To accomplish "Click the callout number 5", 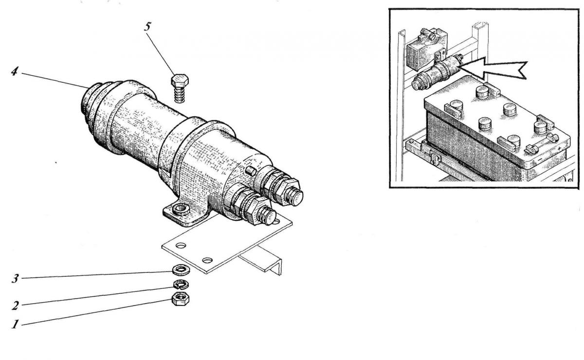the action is [x=147, y=27].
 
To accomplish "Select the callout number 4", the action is [x=14, y=71].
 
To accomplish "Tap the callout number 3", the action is [x=15, y=278].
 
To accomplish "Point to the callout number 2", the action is [x=15, y=306].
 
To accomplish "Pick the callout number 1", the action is [x=15, y=324].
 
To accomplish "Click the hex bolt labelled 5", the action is [x=180, y=88].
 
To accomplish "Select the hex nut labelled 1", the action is [x=181, y=299].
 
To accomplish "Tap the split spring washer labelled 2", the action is [x=181, y=284].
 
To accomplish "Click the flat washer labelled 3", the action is [x=182, y=270].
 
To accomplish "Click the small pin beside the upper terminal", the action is [x=251, y=171].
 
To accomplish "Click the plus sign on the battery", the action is [x=559, y=148].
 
